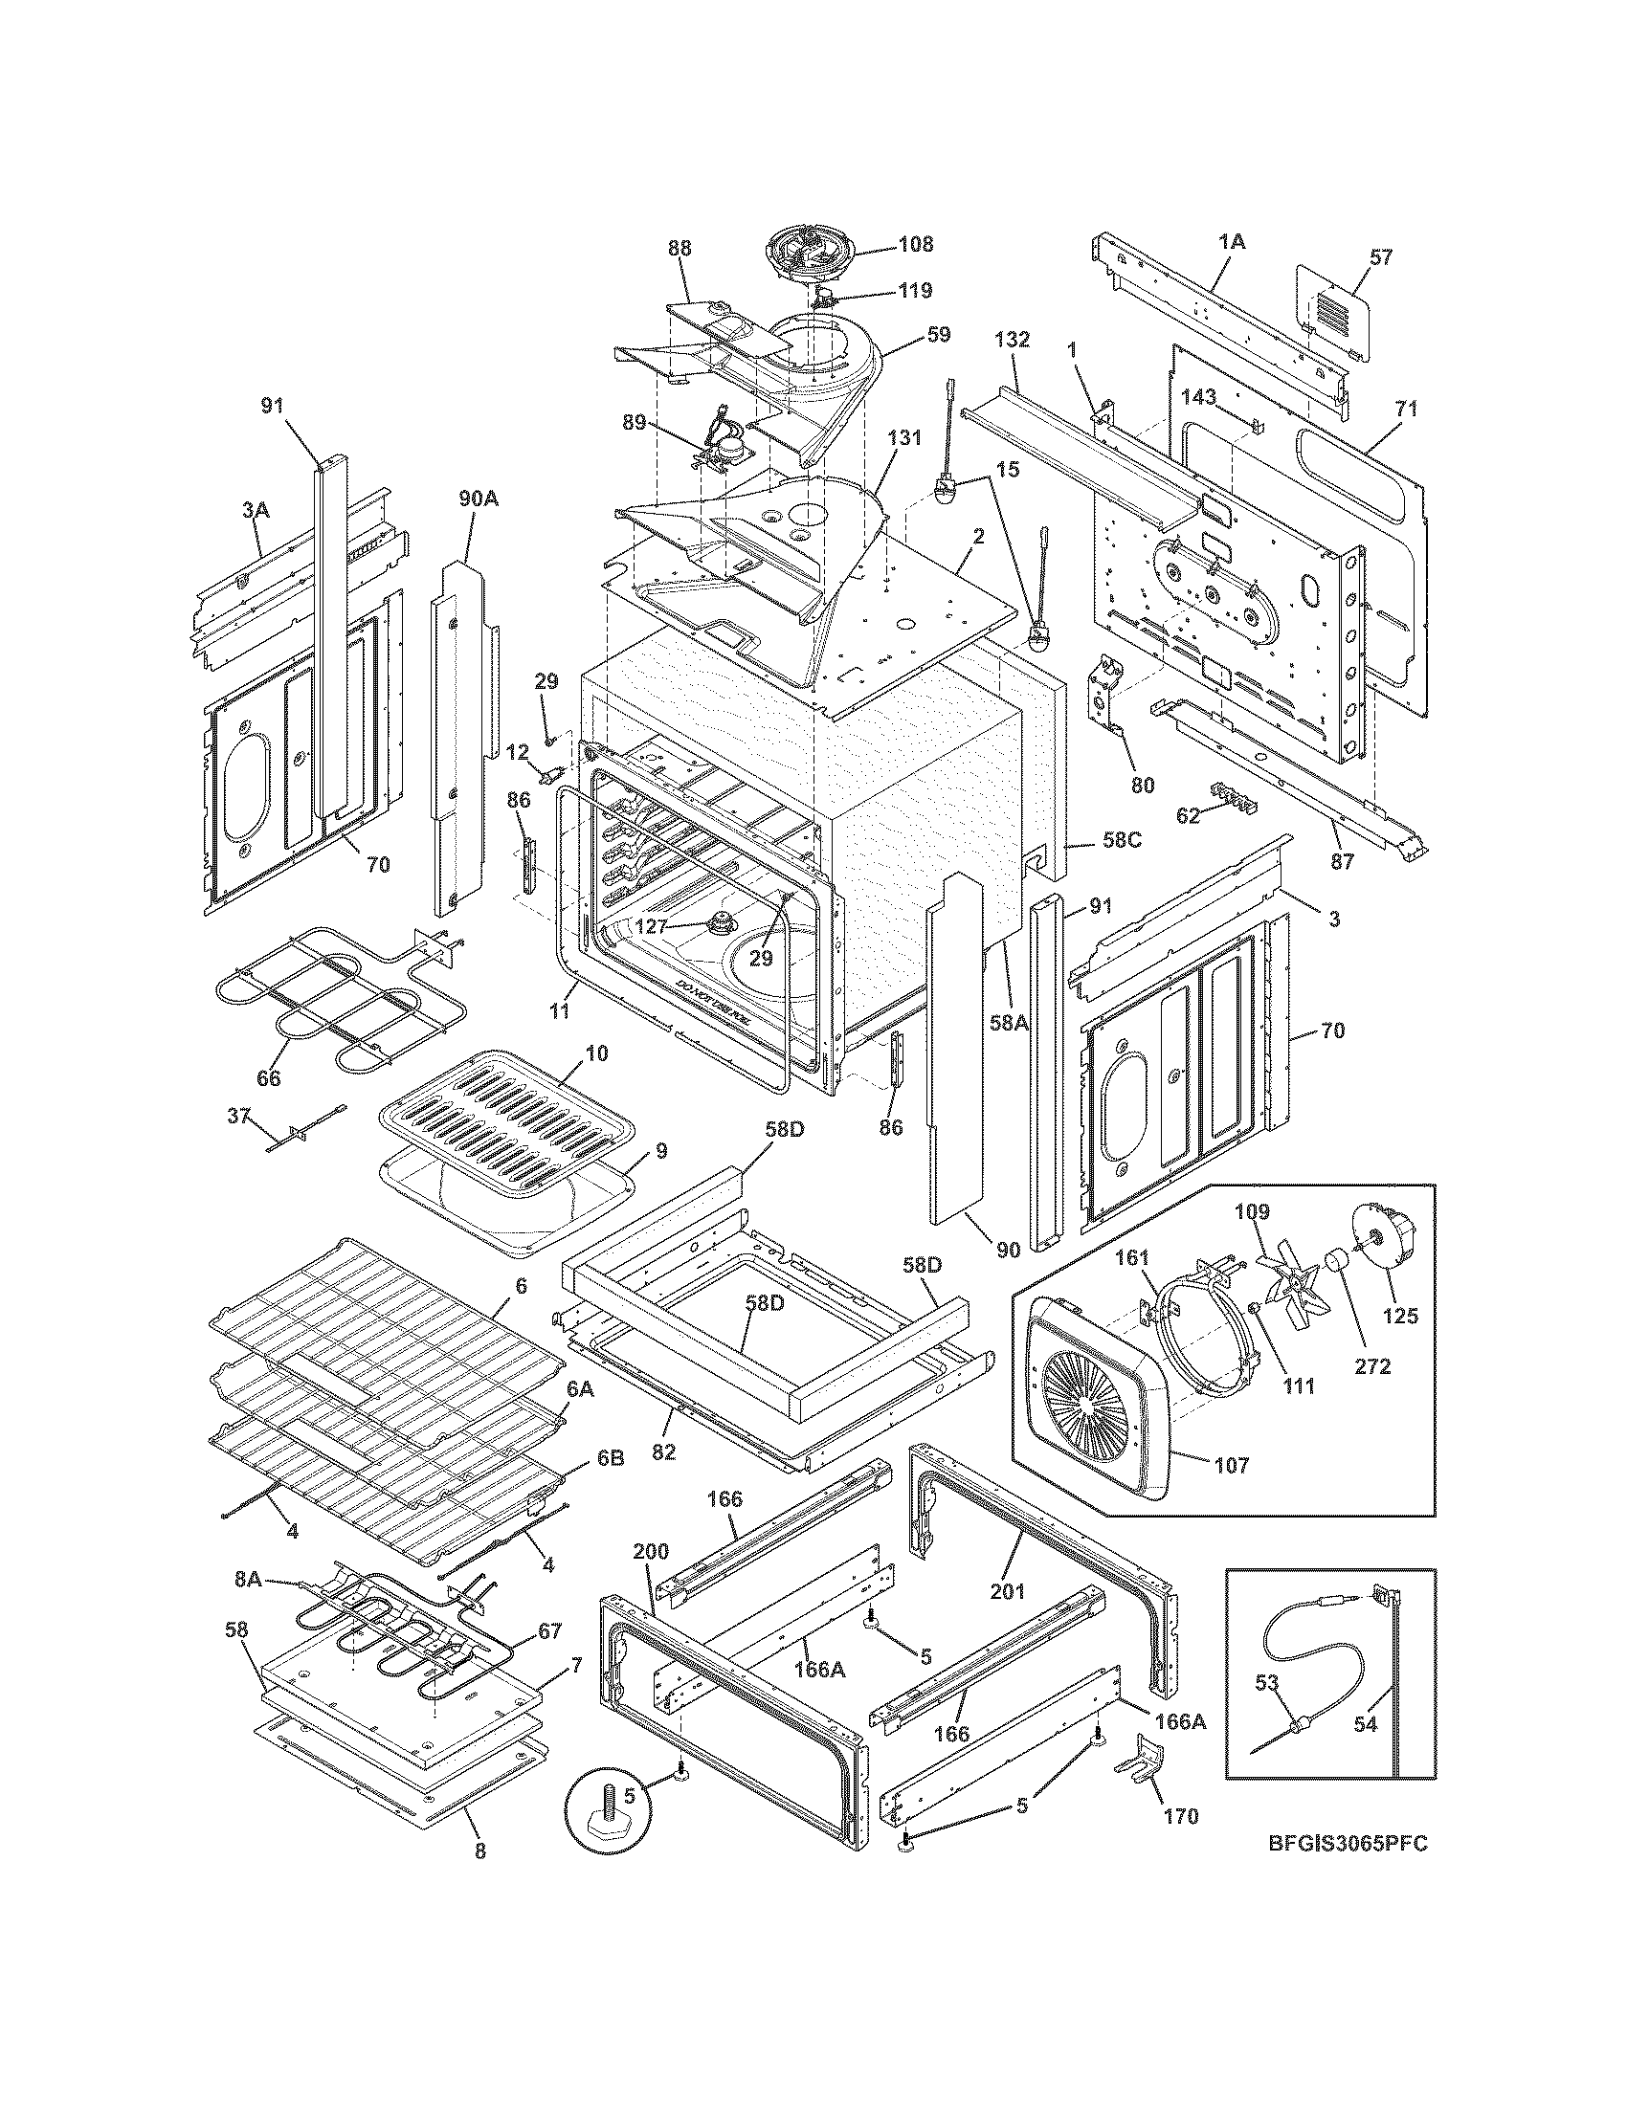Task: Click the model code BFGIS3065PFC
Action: (1347, 1842)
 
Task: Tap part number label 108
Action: (915, 244)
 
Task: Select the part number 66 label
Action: (268, 1077)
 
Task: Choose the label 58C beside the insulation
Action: (1122, 838)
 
